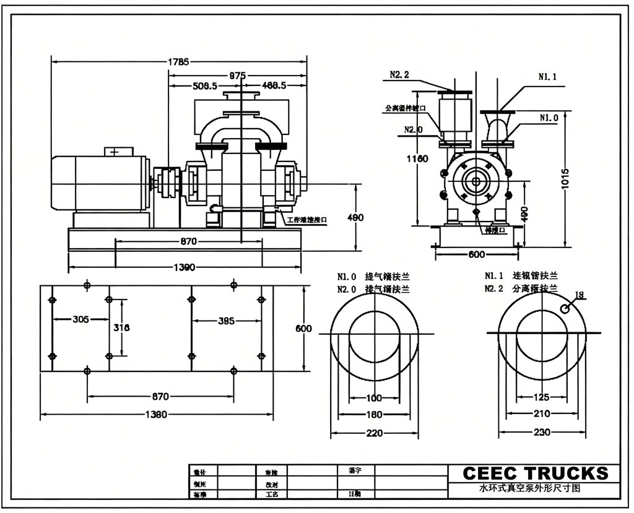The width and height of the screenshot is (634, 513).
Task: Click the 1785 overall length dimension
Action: click(x=178, y=61)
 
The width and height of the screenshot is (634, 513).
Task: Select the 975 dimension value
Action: click(x=237, y=75)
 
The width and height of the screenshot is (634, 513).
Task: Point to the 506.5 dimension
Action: click(x=205, y=85)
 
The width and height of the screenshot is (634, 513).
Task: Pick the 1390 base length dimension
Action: click(x=184, y=267)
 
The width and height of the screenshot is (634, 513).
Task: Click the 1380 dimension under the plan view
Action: click(x=155, y=415)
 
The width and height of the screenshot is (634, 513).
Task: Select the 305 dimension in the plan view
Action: click(x=80, y=319)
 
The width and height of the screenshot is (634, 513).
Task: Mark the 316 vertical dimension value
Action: click(x=121, y=328)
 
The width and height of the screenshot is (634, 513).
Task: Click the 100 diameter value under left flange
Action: click(x=374, y=398)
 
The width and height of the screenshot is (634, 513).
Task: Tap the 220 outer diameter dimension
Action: click(x=374, y=433)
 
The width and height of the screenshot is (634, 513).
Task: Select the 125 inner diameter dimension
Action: click(x=542, y=397)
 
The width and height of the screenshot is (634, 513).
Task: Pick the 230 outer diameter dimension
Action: click(x=542, y=433)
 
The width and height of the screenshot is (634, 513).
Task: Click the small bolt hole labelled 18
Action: click(x=565, y=308)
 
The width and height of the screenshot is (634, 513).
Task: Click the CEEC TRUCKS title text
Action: click(x=536, y=473)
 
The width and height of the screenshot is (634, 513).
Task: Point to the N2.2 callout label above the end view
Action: click(x=399, y=75)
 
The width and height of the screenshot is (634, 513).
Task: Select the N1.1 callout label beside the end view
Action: click(x=547, y=77)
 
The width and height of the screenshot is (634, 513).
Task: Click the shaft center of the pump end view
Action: click(x=476, y=181)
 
